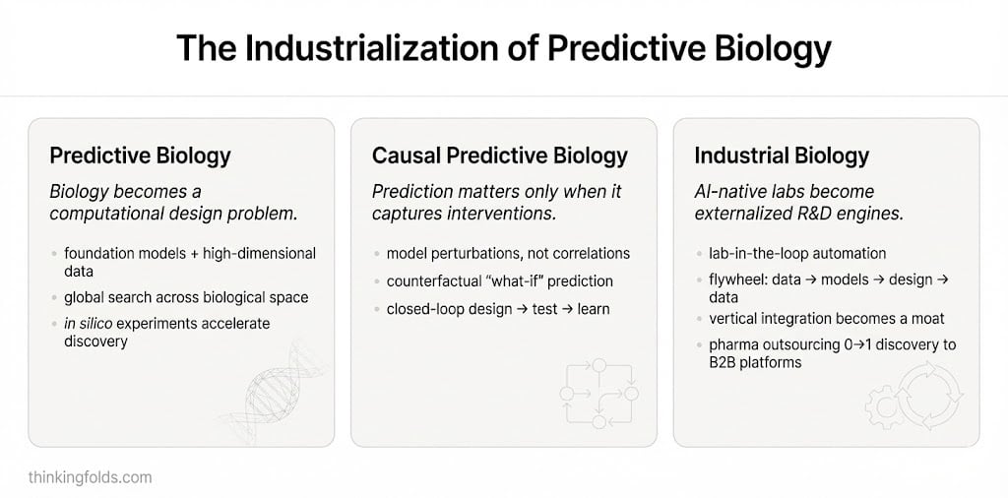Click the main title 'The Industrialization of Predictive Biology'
[x=503, y=48]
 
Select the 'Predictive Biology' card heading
[x=140, y=156]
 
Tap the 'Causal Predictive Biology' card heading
[x=499, y=156]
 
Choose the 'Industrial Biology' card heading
[x=781, y=156]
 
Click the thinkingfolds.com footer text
[x=90, y=477]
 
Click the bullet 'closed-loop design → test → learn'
[x=498, y=309]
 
